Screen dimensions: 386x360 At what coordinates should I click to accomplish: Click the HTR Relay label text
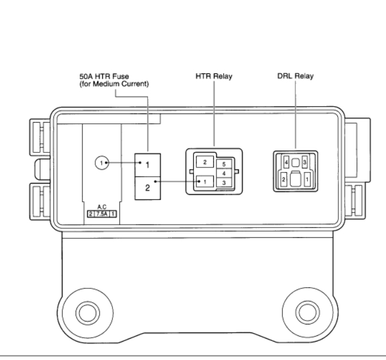pyautogui.click(x=214, y=76)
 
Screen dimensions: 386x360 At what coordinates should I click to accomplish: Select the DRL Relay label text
pyautogui.click(x=295, y=76)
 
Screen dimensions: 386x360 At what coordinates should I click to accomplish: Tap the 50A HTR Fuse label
pyautogui.click(x=104, y=76)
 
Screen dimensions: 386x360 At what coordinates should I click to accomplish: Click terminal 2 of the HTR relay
pyautogui.click(x=205, y=162)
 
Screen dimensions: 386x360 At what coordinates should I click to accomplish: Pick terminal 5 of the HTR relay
pyautogui.click(x=224, y=164)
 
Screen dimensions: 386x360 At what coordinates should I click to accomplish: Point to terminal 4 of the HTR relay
pyautogui.click(x=224, y=174)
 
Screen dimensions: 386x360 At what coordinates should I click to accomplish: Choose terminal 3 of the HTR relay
pyautogui.click(x=224, y=183)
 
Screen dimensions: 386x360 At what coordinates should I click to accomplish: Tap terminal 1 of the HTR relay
pyautogui.click(x=205, y=182)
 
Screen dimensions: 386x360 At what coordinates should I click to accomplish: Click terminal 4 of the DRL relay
pyautogui.click(x=286, y=162)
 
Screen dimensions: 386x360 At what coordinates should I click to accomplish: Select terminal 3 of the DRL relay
pyautogui.click(x=305, y=162)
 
